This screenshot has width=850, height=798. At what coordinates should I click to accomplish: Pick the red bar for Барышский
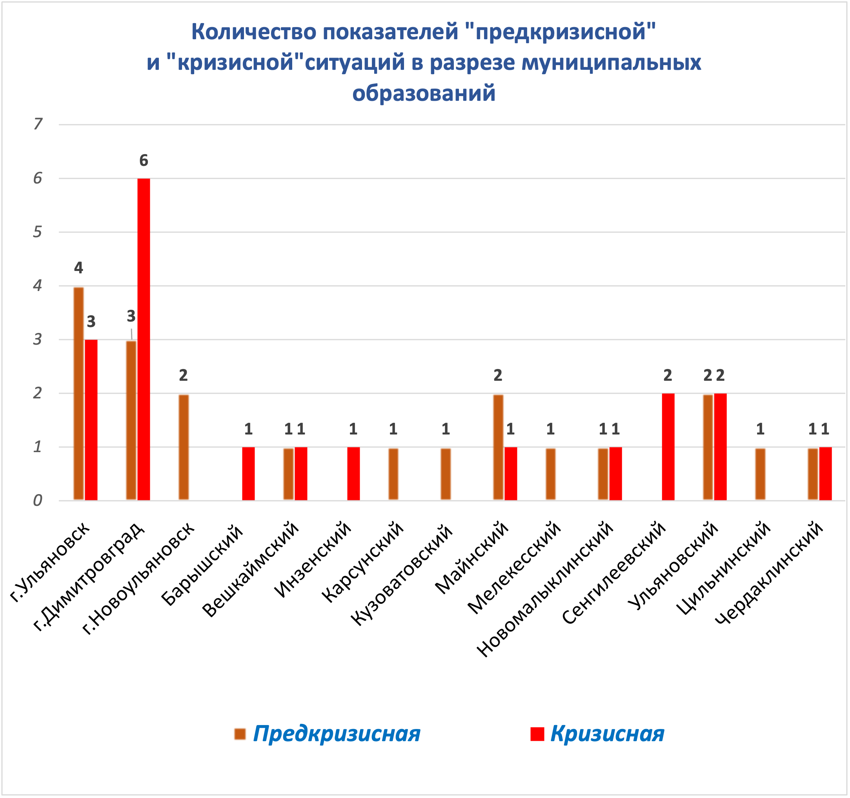click(x=248, y=474)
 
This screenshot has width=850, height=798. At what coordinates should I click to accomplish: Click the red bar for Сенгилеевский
click(x=668, y=447)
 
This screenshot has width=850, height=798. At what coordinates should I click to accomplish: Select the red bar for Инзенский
click(x=353, y=474)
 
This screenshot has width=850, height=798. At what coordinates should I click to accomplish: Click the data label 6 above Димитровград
click(x=144, y=161)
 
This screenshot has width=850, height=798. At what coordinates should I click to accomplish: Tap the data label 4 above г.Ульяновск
click(x=79, y=268)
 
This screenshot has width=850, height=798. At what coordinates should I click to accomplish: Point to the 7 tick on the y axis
click(x=38, y=124)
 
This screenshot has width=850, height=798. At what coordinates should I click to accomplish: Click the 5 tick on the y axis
click(x=38, y=232)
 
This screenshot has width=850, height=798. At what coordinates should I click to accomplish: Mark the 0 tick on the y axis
click(x=38, y=500)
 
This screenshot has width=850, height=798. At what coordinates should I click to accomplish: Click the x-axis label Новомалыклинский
click(x=545, y=590)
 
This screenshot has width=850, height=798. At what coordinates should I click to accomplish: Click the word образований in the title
click(x=424, y=93)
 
